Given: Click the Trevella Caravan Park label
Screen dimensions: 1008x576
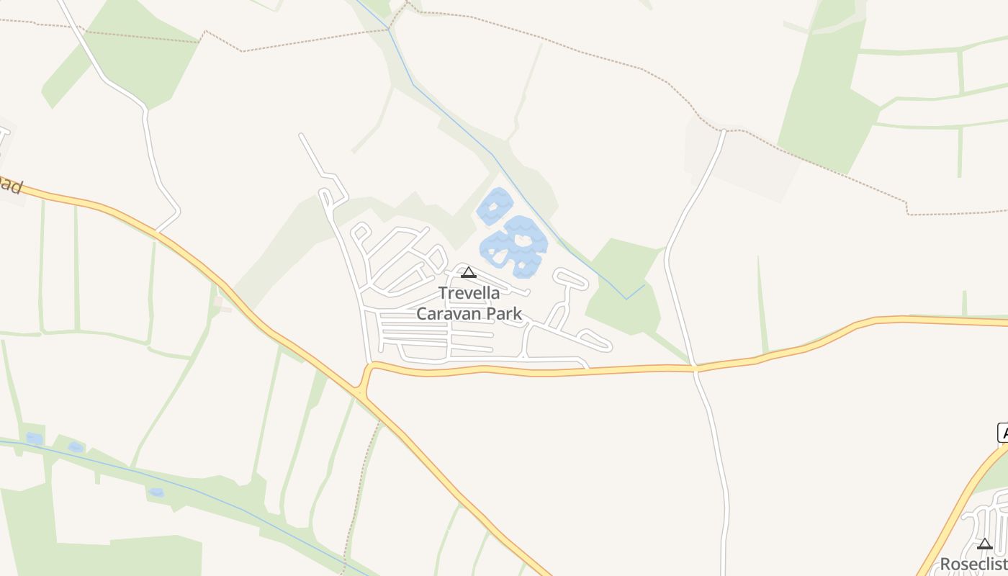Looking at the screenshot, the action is pos(469,303).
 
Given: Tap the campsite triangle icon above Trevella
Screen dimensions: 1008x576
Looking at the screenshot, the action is pos(469,272).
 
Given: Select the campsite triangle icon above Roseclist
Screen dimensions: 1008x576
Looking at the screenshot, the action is pos(984,544).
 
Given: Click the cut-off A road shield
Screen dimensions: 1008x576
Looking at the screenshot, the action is pos(1002,433).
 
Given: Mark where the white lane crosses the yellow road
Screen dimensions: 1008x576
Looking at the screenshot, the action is pos(696,368).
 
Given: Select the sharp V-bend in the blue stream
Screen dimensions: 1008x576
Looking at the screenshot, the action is pos(626,298).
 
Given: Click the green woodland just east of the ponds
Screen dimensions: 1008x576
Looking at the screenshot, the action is pos(623,288).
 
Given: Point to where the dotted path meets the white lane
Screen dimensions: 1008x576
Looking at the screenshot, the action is pos(723,131).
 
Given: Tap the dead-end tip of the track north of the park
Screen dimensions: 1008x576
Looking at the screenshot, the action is pos(302,135).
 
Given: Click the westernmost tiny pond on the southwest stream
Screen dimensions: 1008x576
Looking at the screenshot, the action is pos(34,438).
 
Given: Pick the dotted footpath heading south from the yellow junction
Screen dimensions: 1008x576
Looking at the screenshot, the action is pos(360,490).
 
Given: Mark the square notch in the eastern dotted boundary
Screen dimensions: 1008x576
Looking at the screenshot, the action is pos(906,208).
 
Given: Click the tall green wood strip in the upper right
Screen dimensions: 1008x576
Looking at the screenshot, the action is pos(828,94).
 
